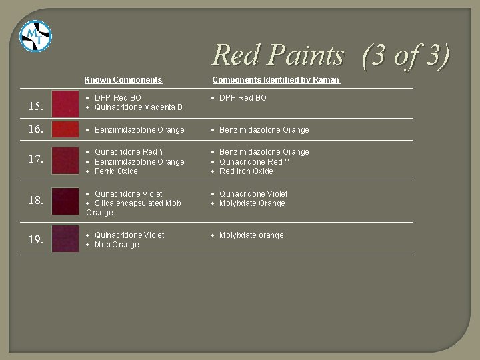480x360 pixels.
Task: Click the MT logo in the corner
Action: tap(35, 37)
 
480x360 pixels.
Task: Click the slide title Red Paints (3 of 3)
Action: tap(331, 55)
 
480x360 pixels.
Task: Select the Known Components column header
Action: tap(123, 80)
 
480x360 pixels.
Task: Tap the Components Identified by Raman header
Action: tap(276, 80)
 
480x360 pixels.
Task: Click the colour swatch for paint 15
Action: tap(65, 103)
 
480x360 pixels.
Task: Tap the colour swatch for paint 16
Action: tap(65, 129)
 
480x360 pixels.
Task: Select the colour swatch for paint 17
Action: tap(65, 161)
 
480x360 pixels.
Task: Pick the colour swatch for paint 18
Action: tap(65, 201)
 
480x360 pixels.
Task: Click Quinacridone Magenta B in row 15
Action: tap(139, 107)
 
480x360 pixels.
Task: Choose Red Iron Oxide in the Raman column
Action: tap(246, 171)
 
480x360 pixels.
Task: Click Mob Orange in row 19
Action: tap(117, 245)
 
